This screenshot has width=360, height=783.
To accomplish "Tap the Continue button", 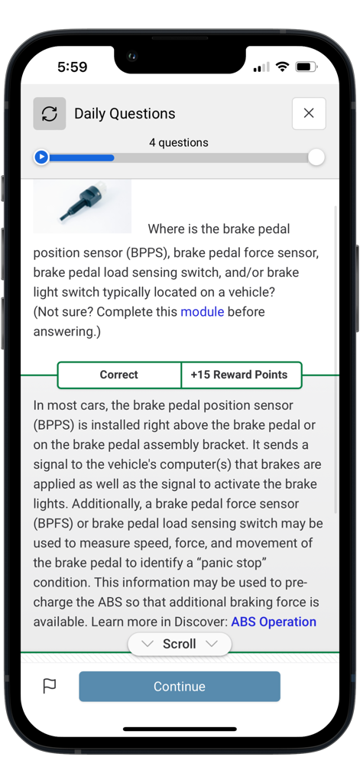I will click(x=179, y=687).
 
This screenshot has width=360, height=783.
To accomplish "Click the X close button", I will click(x=309, y=113).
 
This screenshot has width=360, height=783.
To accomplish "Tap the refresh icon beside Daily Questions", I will click(x=50, y=114).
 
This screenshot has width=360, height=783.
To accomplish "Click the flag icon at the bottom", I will click(x=50, y=687).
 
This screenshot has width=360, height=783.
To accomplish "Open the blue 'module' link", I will click(x=202, y=312).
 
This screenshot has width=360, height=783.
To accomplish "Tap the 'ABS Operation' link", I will click(x=274, y=622).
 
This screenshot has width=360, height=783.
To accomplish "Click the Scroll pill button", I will click(x=179, y=644).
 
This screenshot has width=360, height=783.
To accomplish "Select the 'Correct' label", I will click(x=118, y=375).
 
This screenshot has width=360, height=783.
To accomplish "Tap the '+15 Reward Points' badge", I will click(x=239, y=375).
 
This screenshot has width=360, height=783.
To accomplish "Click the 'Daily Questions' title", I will click(x=125, y=114).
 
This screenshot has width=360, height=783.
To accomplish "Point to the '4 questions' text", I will click(x=179, y=142).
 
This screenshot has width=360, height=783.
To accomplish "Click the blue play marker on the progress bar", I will click(x=42, y=158).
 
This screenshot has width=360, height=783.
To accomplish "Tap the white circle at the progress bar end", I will click(x=316, y=158).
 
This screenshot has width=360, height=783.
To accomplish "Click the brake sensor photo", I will click(x=83, y=206).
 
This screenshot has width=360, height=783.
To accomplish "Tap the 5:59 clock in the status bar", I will click(x=73, y=67).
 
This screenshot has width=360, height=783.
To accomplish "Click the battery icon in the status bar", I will click(x=306, y=67).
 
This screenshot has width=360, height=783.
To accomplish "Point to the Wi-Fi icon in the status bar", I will click(x=282, y=67).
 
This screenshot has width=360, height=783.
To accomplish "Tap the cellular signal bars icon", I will click(x=261, y=67).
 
